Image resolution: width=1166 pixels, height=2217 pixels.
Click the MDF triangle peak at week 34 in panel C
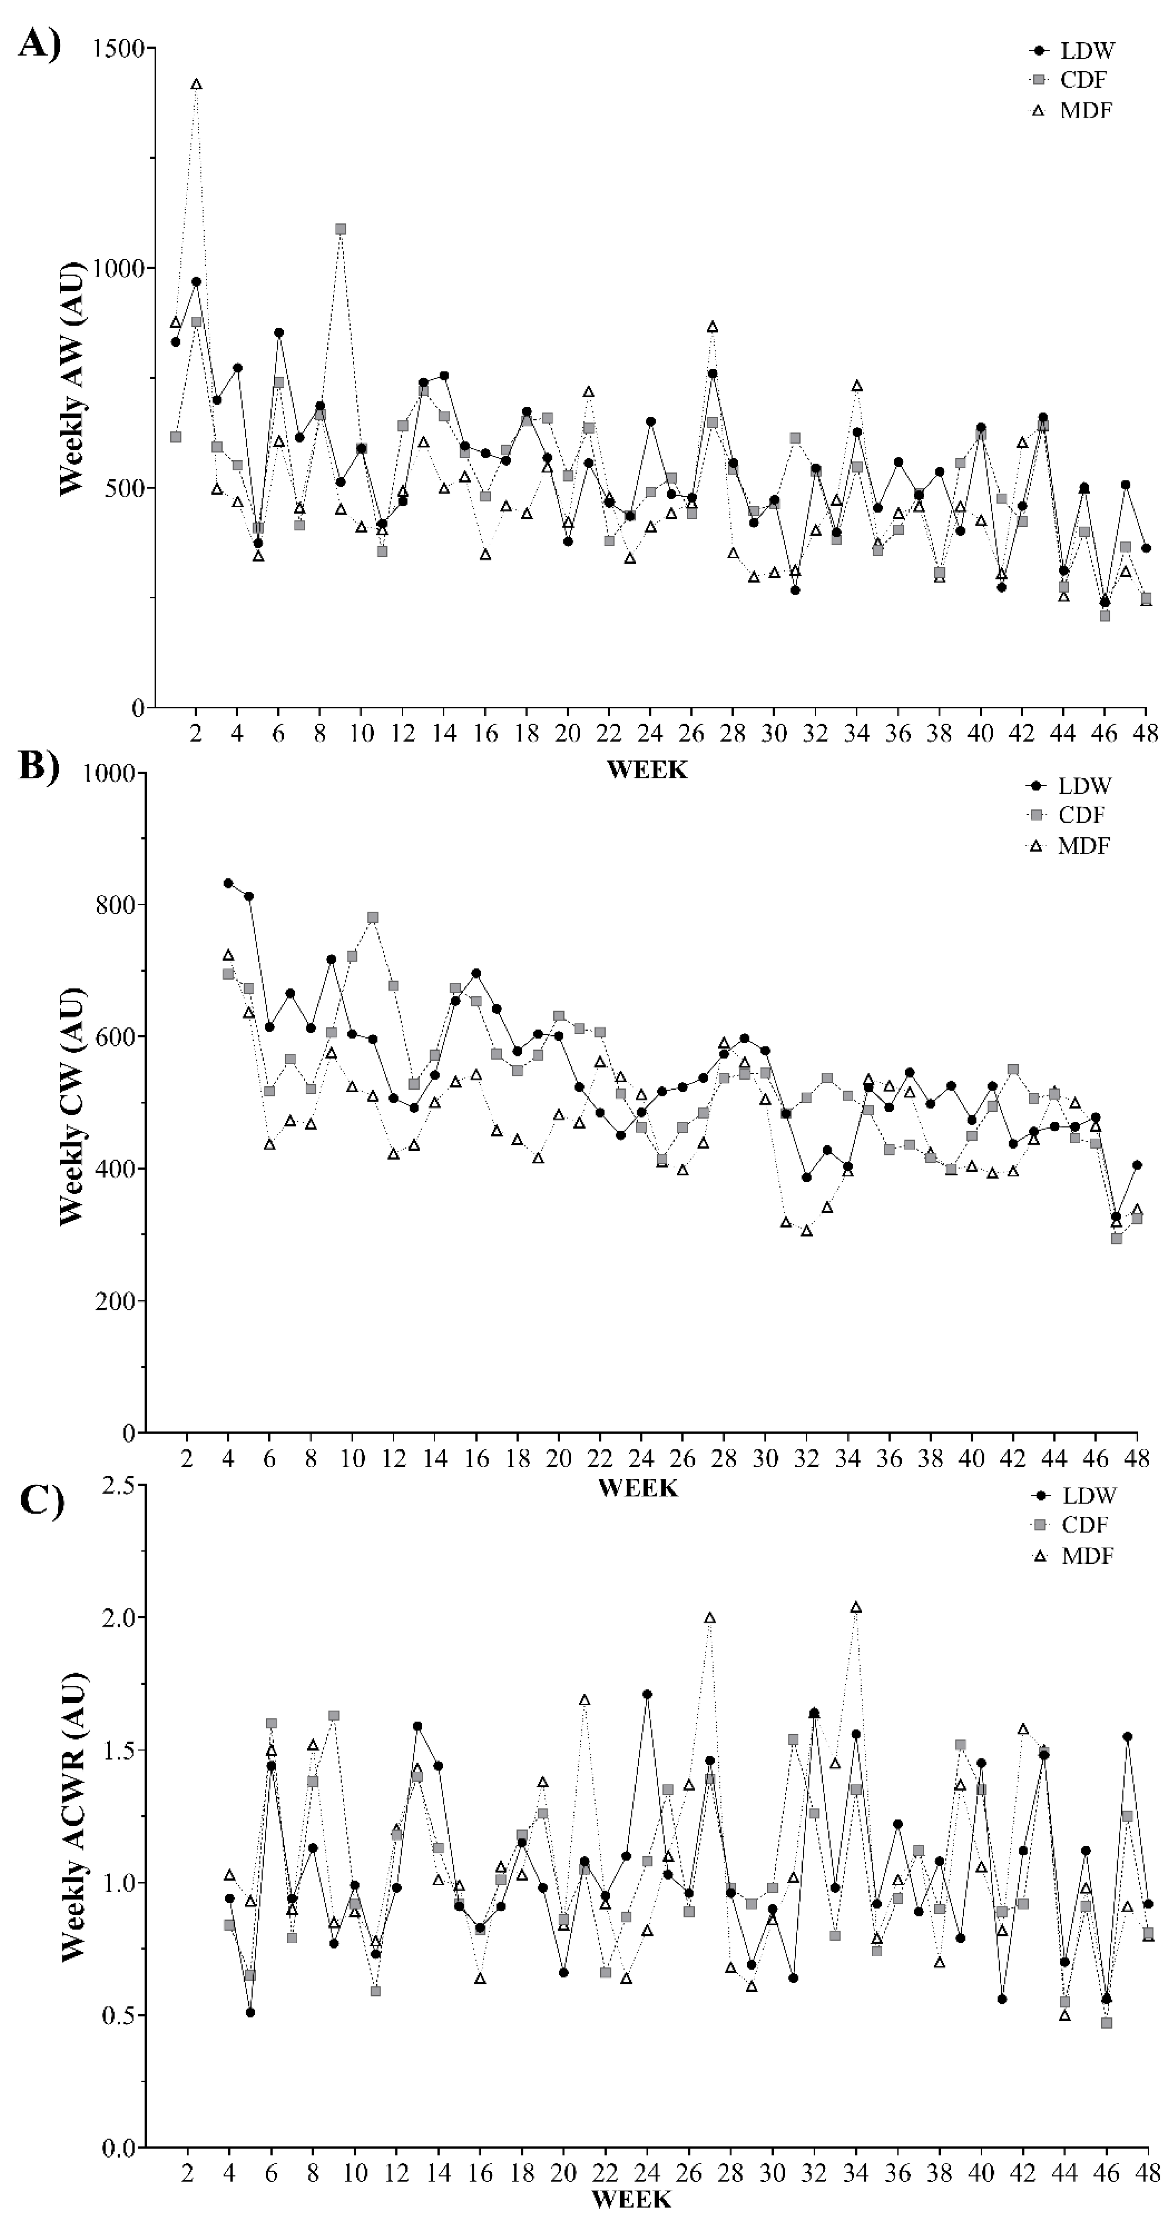pyautogui.click(x=855, y=1607)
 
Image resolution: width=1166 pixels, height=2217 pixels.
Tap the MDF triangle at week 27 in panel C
pyautogui.click(x=710, y=1618)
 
